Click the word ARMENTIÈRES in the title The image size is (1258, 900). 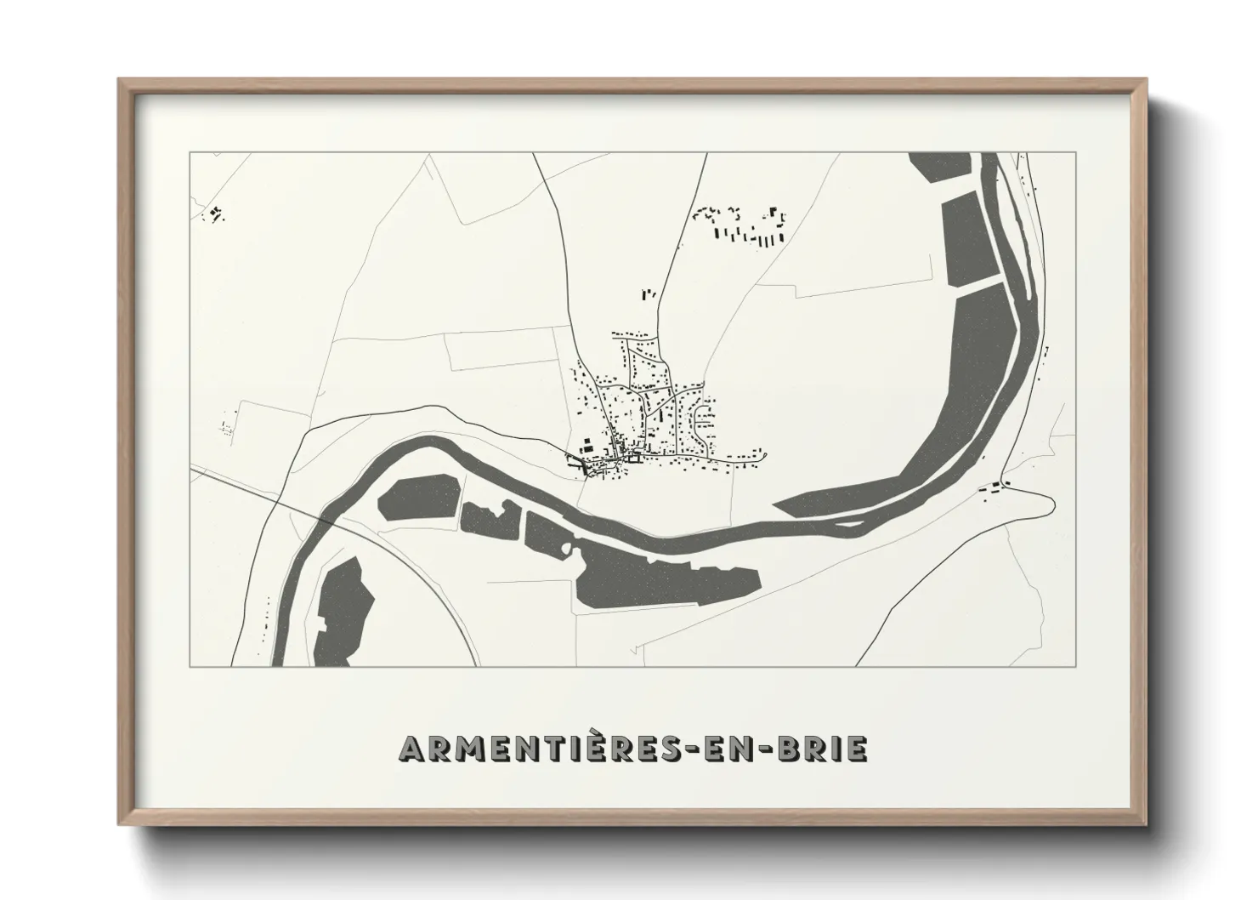(540, 749)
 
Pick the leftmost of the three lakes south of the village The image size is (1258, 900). (419, 499)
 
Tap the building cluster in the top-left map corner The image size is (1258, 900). (216, 213)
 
